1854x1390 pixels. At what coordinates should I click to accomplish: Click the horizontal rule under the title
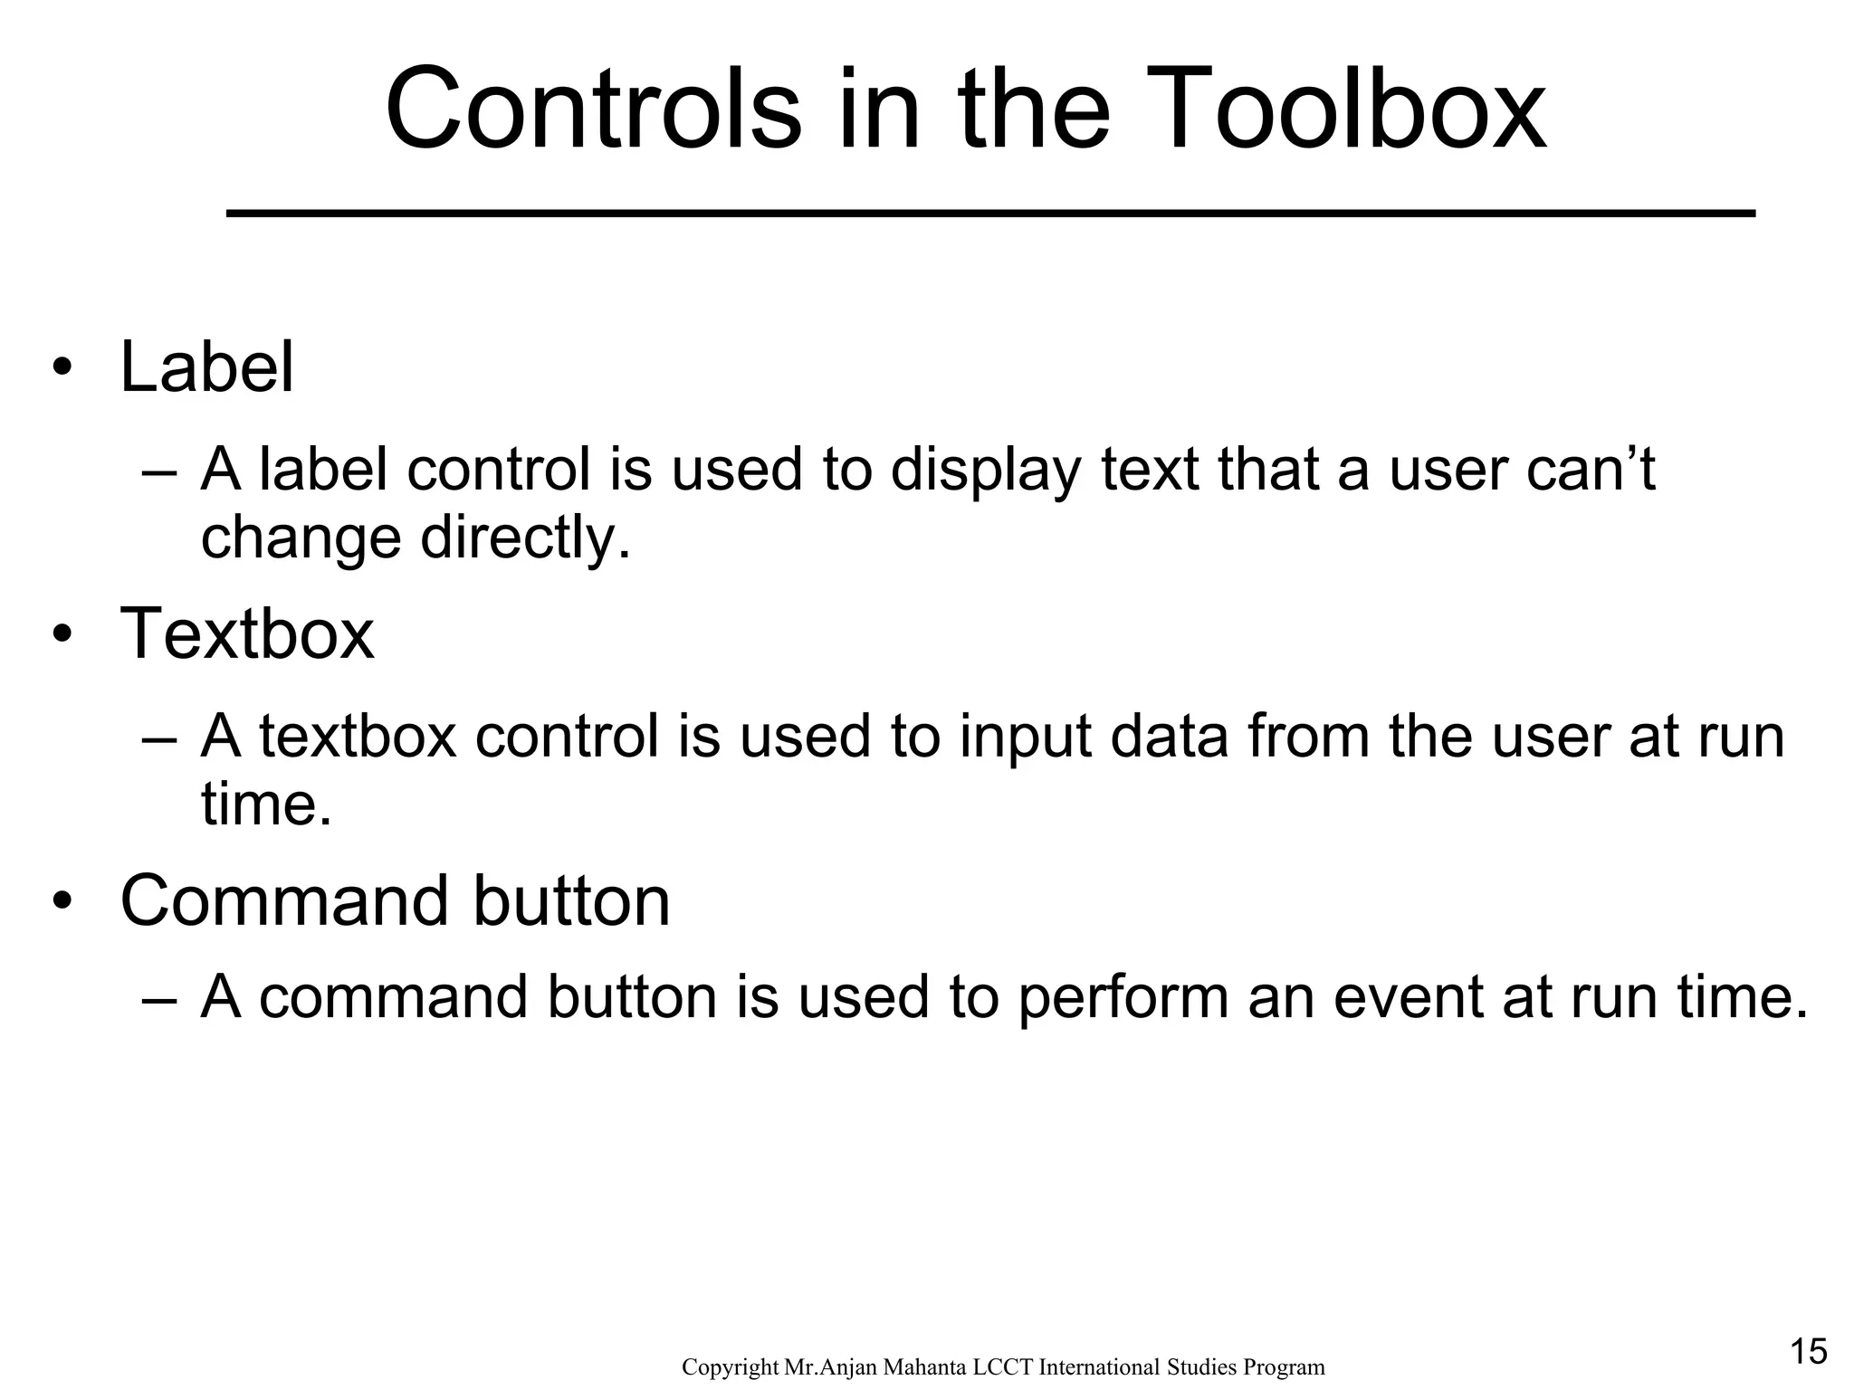click(990, 214)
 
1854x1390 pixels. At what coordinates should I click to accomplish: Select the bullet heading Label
click(207, 367)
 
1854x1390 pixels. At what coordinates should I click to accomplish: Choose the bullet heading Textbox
click(247, 633)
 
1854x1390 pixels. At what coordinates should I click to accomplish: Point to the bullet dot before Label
click(62, 370)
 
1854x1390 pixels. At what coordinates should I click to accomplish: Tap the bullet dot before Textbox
click(62, 636)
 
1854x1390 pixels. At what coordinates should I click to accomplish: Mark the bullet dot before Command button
click(62, 903)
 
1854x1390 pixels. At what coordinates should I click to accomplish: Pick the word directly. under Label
click(525, 538)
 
